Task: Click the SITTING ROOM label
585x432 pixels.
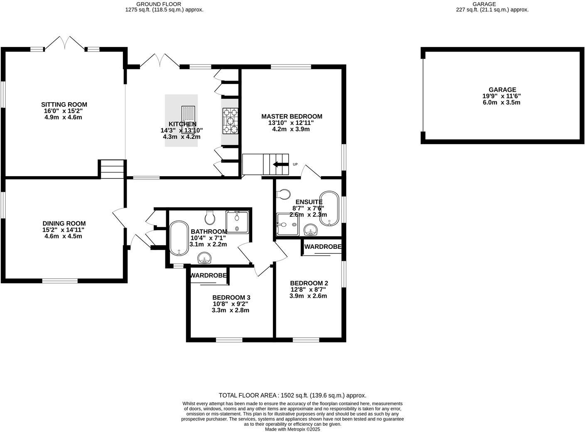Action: click(x=64, y=105)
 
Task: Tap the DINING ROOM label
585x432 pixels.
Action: click(x=64, y=223)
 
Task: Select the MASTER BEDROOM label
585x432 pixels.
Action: click(x=291, y=116)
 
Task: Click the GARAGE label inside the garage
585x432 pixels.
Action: click(x=502, y=90)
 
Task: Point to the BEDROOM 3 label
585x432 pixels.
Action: click(x=231, y=297)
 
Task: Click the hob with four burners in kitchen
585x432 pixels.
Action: click(x=231, y=121)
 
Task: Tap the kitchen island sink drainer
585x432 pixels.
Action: click(x=188, y=114)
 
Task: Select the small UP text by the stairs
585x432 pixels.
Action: click(x=295, y=164)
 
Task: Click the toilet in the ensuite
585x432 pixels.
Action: click(x=284, y=194)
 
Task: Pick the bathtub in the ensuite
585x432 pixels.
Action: click(x=329, y=209)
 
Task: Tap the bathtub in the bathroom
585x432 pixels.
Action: click(x=179, y=238)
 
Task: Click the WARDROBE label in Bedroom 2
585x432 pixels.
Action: click(x=322, y=247)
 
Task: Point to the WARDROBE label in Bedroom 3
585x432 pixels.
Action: click(x=208, y=275)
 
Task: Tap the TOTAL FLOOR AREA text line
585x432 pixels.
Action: click(x=292, y=395)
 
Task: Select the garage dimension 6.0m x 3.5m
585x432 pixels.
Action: click(x=502, y=102)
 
